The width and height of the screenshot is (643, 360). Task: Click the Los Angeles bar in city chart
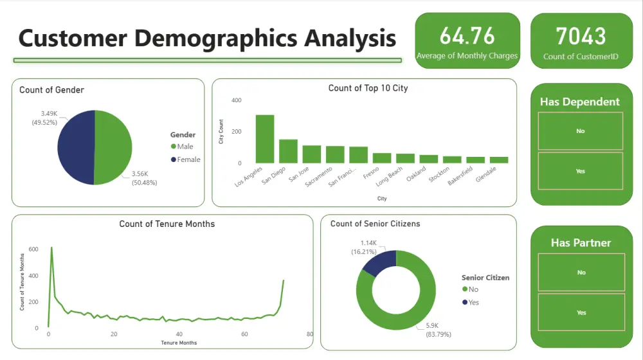[265, 139]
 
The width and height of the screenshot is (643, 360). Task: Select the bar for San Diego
[288, 151]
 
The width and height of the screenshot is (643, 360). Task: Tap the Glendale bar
[498, 159]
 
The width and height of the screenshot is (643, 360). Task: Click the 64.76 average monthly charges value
[467, 35]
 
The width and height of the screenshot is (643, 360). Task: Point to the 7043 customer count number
[581, 35]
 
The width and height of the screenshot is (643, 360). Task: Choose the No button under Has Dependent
[580, 131]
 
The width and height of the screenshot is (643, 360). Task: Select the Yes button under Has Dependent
[580, 171]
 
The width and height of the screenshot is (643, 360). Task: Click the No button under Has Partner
[581, 273]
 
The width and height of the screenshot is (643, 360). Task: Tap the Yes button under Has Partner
[581, 312]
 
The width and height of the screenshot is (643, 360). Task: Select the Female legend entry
[188, 159]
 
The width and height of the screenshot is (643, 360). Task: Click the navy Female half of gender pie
[76, 148]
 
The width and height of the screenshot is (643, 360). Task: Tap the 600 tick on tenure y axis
[33, 249]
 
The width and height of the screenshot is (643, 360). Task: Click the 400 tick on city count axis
[237, 101]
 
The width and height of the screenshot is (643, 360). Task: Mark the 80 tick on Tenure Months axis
[309, 335]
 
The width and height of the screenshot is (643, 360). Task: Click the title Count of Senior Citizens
[375, 224]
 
